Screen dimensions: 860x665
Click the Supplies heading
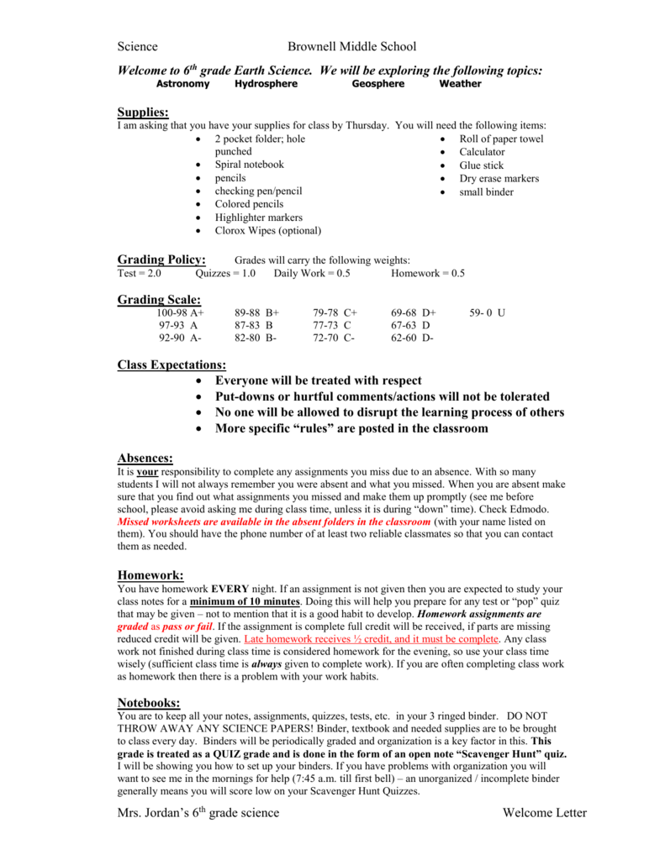click(x=143, y=112)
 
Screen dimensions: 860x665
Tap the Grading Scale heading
click(x=159, y=299)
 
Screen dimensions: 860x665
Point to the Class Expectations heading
click(x=172, y=364)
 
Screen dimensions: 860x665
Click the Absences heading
click(x=145, y=458)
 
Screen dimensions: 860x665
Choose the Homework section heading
click(x=150, y=574)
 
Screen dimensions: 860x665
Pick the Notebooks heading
click(x=150, y=702)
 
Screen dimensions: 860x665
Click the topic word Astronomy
click(x=183, y=84)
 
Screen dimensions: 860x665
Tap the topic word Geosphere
click(x=378, y=84)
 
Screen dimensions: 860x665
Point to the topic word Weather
click(x=461, y=84)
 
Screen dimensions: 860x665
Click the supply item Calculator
click(x=482, y=152)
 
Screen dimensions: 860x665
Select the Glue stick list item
click(x=481, y=165)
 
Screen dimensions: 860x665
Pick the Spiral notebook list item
click(x=249, y=165)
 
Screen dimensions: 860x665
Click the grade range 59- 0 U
click(x=488, y=312)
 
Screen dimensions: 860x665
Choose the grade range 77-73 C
click(x=332, y=325)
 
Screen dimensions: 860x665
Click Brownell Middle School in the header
click(x=351, y=46)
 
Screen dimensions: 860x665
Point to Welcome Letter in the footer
click(x=545, y=812)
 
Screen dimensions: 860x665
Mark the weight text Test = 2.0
click(x=140, y=274)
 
